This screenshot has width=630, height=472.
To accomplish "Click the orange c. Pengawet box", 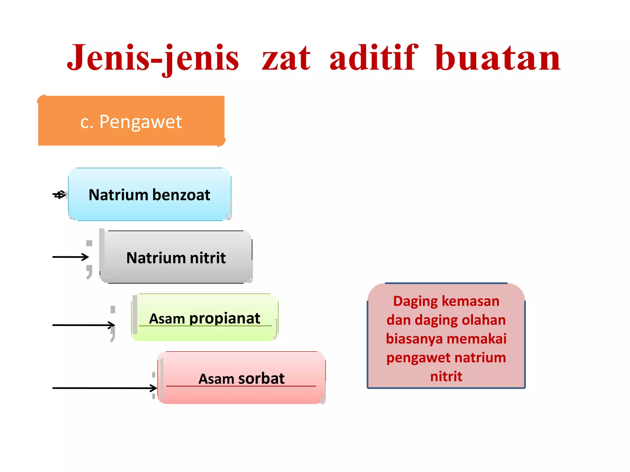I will click(131, 121).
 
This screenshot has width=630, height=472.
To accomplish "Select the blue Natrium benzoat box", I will click(150, 209).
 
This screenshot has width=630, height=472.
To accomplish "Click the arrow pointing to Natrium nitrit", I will click(71, 257).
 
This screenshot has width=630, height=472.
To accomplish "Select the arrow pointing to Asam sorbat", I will click(105, 388).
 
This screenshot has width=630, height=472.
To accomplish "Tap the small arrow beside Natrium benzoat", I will click(59, 195).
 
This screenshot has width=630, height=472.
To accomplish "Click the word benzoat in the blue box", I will click(181, 195).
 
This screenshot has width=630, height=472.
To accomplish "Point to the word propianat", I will click(225, 318).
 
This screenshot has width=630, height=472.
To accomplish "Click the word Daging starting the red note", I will click(415, 301).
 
